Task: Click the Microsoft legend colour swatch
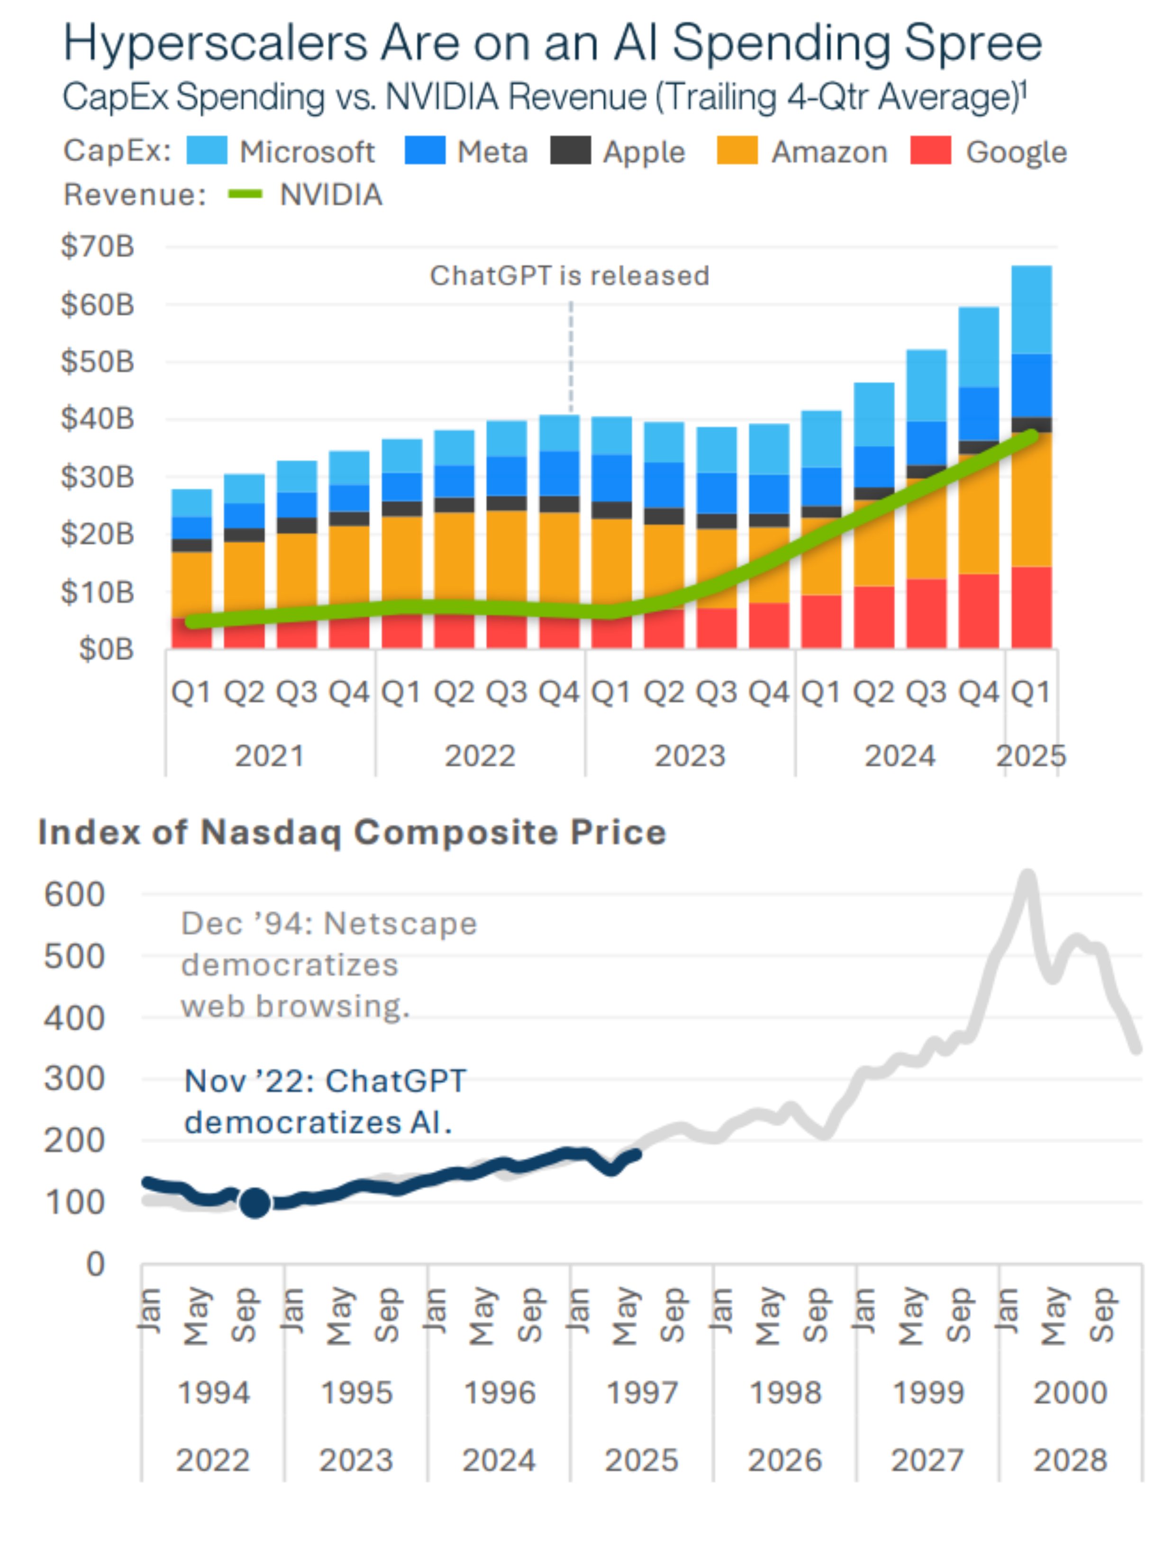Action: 207,150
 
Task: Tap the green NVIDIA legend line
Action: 245,194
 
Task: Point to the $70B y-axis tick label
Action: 97,246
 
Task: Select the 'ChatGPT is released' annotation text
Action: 569,276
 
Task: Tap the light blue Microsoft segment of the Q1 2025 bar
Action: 1031,310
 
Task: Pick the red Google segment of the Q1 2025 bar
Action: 1031,607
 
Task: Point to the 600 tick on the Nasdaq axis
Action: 74,894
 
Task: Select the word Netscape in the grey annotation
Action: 401,923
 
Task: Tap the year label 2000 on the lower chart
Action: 1070,1392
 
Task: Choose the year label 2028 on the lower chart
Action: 1070,1460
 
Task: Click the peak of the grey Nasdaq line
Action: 1027,874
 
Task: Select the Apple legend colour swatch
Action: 570,150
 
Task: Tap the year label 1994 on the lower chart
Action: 214,1392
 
